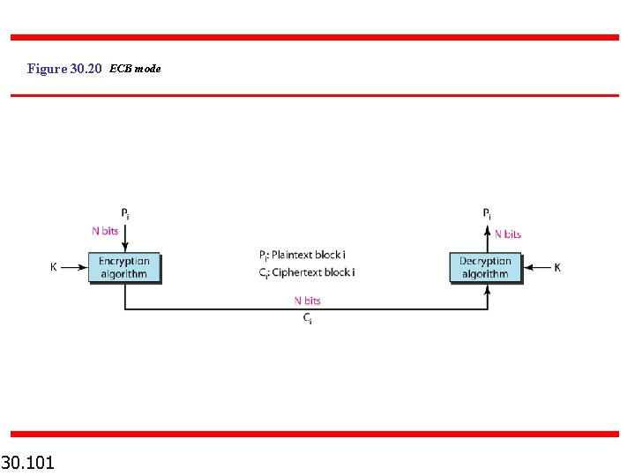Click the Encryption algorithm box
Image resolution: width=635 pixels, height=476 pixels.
point(123,267)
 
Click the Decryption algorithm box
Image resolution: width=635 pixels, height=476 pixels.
point(485,267)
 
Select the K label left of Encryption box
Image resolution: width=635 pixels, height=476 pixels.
point(54,266)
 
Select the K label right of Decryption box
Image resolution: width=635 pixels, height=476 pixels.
point(557,267)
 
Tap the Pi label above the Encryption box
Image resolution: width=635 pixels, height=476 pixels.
point(125,213)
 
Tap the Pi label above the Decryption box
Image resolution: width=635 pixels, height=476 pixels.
point(488,213)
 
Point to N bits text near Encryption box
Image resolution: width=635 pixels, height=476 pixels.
point(105,232)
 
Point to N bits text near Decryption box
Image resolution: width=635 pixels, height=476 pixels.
point(507,234)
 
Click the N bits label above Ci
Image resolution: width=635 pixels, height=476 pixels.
point(307,301)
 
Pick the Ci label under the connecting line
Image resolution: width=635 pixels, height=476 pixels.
point(307,318)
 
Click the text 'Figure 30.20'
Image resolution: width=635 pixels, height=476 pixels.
point(65,68)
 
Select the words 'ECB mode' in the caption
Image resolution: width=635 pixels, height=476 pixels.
point(135,68)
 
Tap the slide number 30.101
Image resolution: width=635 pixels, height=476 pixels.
point(28,462)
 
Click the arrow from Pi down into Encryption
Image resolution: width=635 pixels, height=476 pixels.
point(125,237)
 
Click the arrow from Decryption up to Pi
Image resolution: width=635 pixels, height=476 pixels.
point(488,238)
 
